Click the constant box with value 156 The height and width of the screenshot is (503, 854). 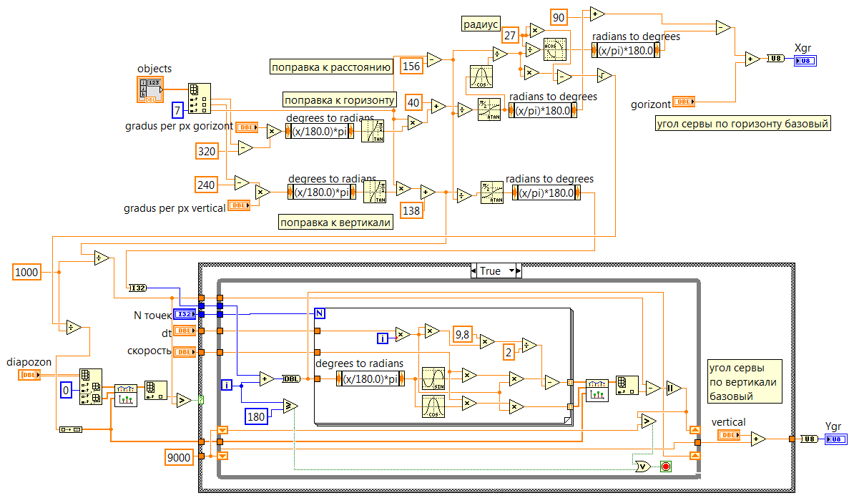point(411,65)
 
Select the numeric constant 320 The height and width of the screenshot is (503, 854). point(207,150)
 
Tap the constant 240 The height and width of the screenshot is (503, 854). point(207,185)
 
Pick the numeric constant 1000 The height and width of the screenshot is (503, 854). point(26,272)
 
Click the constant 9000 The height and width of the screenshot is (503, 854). point(179,456)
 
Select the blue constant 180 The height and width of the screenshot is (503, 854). point(256,415)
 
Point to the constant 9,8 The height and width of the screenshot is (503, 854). point(464,335)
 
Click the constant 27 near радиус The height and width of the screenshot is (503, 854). point(510,35)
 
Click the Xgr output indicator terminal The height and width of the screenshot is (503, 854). point(805,61)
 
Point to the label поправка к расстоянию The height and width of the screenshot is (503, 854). point(330,67)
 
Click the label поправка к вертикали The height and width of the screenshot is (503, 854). point(335,223)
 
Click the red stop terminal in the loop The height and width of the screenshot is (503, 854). point(665,467)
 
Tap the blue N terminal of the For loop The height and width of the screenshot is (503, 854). point(320,313)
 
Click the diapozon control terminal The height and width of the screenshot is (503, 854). point(29,374)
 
